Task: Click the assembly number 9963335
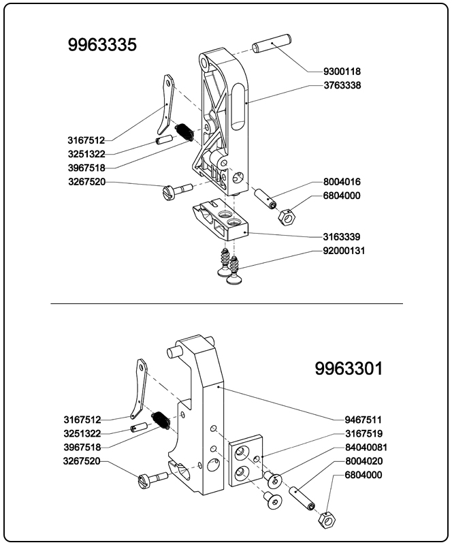click(x=102, y=45)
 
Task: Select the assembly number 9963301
click(x=349, y=369)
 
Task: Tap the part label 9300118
click(x=342, y=72)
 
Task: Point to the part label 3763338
click(x=342, y=86)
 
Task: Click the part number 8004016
click(x=342, y=182)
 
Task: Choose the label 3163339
click(x=342, y=237)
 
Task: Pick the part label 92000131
click(x=345, y=251)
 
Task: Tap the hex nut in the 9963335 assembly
click(x=286, y=217)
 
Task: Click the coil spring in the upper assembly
click(x=183, y=132)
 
